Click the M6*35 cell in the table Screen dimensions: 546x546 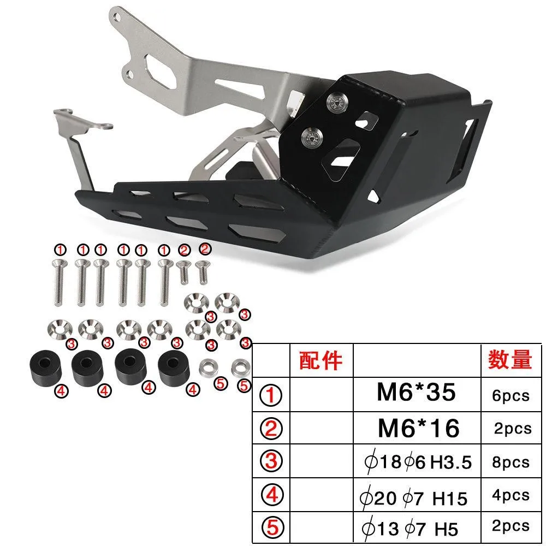click(x=416, y=392)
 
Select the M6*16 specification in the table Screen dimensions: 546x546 click(x=419, y=428)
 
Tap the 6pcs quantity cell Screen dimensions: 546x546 click(x=511, y=395)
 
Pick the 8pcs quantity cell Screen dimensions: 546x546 click(x=511, y=462)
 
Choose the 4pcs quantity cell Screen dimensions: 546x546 click(x=511, y=495)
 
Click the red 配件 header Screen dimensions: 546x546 click(x=321, y=360)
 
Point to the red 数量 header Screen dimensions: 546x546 click(x=510, y=359)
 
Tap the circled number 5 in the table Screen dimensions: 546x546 click(x=272, y=527)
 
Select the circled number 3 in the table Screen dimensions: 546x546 click(x=271, y=461)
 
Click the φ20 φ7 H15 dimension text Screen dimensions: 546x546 click(x=413, y=497)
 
